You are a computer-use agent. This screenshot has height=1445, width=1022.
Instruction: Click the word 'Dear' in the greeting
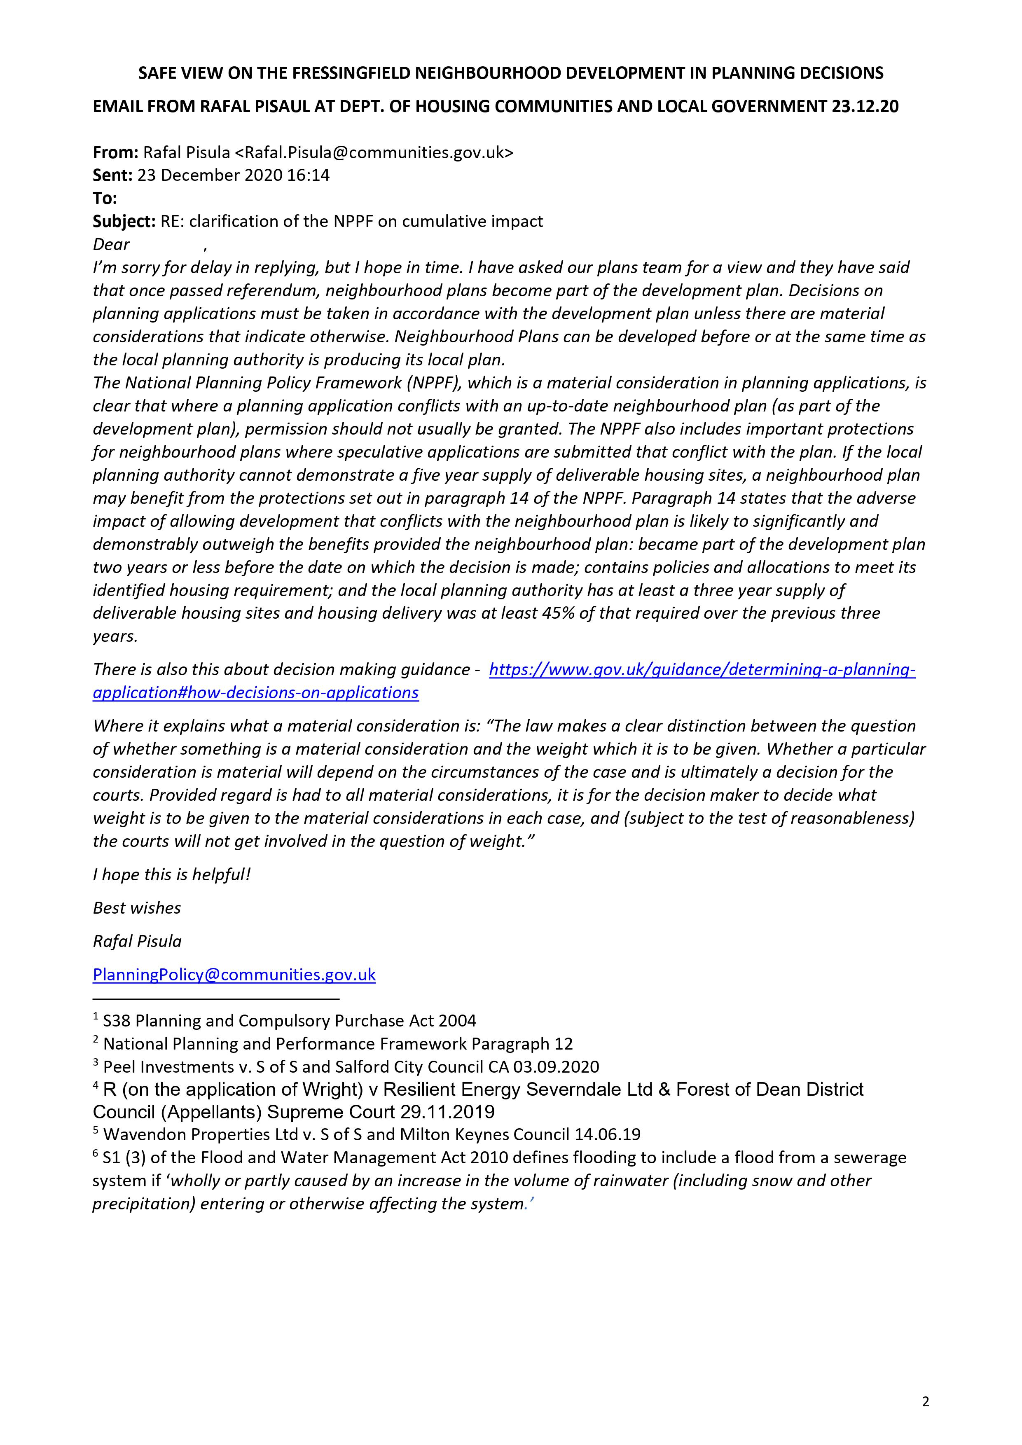111,245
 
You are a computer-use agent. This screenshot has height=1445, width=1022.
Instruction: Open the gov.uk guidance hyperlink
701,670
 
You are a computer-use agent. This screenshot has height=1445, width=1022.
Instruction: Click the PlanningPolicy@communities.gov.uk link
234,975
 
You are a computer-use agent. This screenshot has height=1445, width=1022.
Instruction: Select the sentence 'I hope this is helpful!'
172,875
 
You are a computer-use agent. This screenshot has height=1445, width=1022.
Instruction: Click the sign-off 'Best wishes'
137,908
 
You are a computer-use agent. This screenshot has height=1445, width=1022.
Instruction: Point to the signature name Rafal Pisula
137,942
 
